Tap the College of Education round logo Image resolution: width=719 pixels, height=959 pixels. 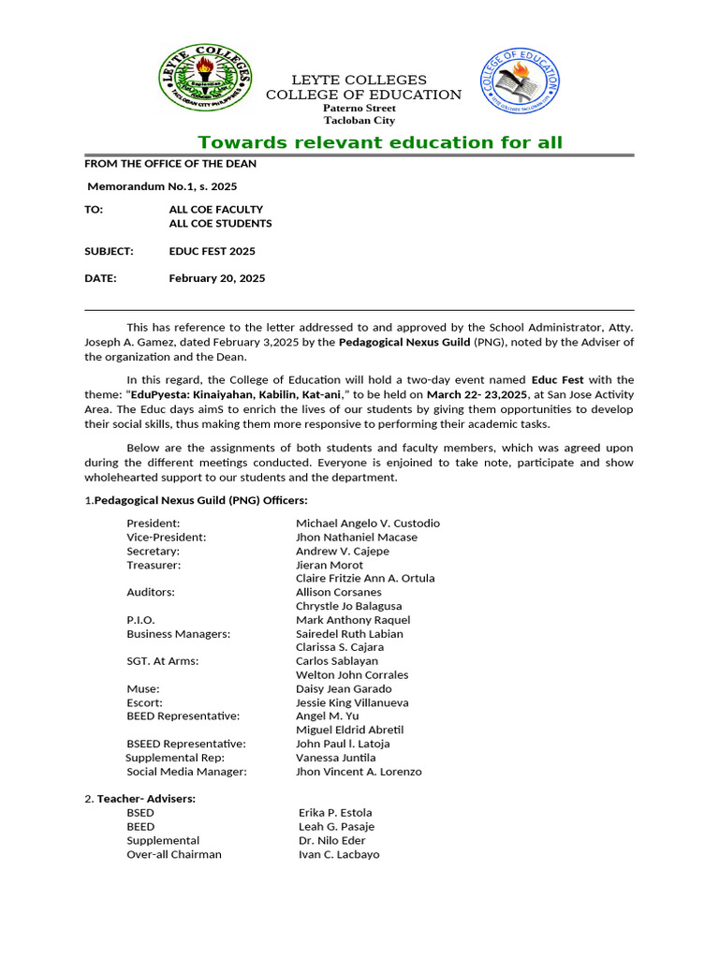pyautogui.click(x=521, y=81)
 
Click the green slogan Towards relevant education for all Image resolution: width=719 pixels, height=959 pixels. pyautogui.click(x=380, y=142)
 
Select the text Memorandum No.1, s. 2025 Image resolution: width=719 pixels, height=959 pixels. pyautogui.click(x=162, y=186)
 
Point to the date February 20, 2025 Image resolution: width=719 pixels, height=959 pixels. pyautogui.click(x=216, y=278)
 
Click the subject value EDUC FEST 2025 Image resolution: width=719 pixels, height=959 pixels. pyautogui.click(x=212, y=251)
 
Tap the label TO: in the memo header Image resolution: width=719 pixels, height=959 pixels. pyautogui.click(x=94, y=210)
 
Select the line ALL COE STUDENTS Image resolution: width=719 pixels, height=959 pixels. pyautogui.click(x=220, y=224)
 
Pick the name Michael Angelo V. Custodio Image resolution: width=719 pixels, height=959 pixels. pyautogui.click(x=367, y=524)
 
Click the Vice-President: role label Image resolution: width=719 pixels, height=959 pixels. pyautogui.click(x=167, y=538)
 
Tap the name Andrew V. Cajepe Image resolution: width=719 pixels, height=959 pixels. pyautogui.click(x=343, y=552)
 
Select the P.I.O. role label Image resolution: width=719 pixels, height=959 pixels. pyautogui.click(x=141, y=620)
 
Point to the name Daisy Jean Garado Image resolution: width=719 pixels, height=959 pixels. pyautogui.click(x=344, y=688)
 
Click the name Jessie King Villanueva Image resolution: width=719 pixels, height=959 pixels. pyautogui.click(x=352, y=702)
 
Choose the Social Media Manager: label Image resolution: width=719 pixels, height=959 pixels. pyautogui.click(x=186, y=772)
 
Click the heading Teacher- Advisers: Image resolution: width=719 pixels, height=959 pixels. pyautogui.click(x=146, y=799)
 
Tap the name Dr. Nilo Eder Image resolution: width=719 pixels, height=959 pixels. pyautogui.click(x=331, y=840)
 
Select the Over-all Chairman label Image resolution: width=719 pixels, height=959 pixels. pyautogui.click(x=174, y=854)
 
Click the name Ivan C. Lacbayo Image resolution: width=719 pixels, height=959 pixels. pyautogui.click(x=339, y=854)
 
